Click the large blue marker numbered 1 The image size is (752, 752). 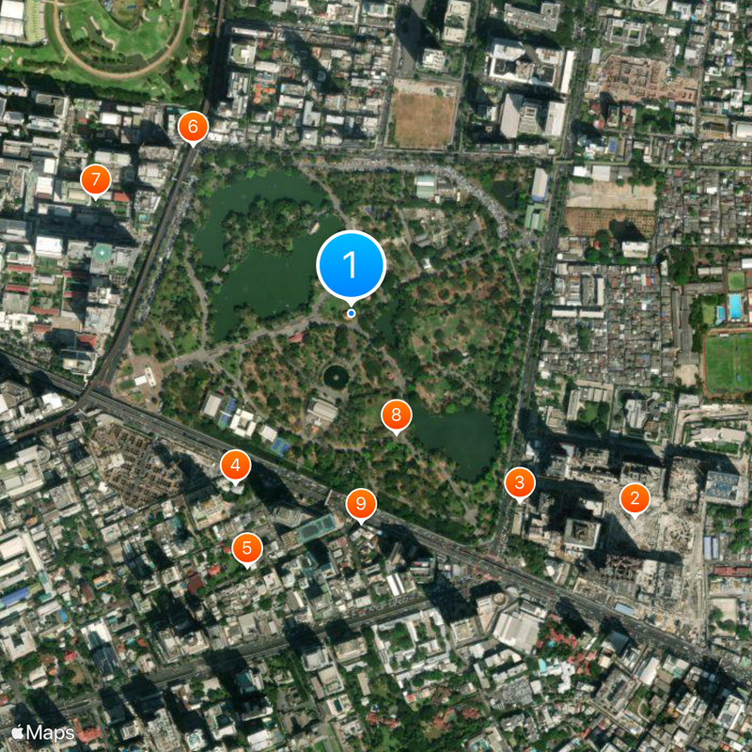352,265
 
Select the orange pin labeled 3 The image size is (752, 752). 519,484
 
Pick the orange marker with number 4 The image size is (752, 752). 234,464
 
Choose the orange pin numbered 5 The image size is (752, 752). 246,548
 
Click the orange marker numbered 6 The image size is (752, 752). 193,126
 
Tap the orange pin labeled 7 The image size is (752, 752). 95,180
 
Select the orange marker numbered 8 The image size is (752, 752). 396,415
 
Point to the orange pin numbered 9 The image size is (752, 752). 360,505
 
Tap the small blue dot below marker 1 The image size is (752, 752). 352,313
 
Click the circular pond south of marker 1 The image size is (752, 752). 336,377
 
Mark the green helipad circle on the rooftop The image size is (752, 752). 102,253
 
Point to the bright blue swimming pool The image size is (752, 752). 734,306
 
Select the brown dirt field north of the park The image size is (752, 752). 423,118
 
